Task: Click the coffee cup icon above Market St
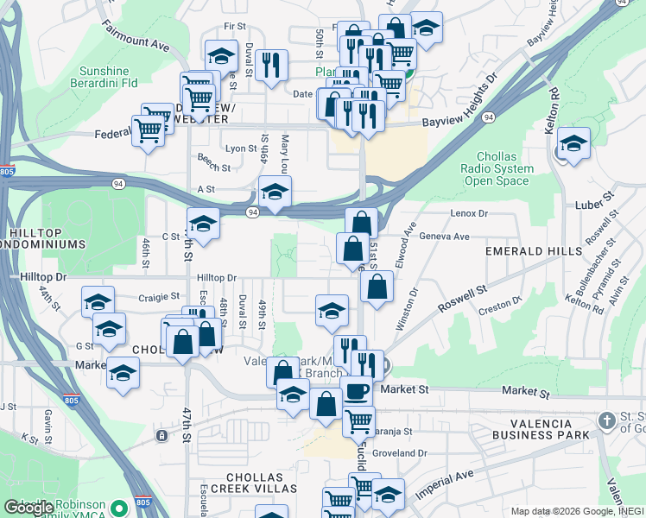point(356,391)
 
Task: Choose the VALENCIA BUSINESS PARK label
point(532,429)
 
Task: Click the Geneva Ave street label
point(443,236)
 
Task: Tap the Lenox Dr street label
point(469,212)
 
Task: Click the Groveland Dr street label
point(398,452)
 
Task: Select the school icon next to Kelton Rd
point(573,143)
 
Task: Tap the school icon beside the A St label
point(275,192)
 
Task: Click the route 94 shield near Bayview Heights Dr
point(489,117)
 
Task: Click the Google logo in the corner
point(29,508)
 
